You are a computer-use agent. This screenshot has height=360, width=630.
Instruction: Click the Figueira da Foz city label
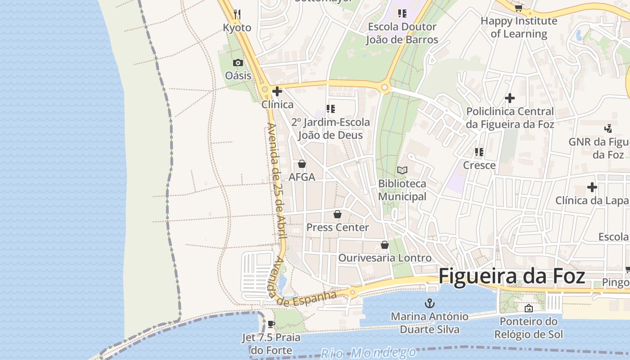(512, 276)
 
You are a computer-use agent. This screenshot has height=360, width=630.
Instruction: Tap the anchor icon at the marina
(429, 303)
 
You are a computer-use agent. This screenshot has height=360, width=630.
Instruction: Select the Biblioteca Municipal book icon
(402, 171)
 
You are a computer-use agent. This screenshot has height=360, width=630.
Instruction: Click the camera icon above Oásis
(238, 63)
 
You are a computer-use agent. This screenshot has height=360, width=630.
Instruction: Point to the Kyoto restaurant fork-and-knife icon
(237, 14)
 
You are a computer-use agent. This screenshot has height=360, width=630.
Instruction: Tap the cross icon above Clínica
(277, 92)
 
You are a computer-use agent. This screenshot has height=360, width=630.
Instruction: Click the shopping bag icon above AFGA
(302, 164)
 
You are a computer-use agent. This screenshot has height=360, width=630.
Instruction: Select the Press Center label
(337, 227)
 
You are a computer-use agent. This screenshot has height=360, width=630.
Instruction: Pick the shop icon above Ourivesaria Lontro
(385, 245)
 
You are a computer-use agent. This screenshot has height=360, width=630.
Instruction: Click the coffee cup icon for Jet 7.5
(271, 324)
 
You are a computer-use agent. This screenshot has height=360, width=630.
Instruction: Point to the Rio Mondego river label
(369, 352)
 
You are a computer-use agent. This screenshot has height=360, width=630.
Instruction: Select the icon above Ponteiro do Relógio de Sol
(529, 308)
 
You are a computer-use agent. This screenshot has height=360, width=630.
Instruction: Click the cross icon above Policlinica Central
(510, 98)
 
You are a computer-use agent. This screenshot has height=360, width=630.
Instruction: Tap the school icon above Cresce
(479, 152)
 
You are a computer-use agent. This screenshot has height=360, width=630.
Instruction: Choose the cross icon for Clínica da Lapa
(592, 187)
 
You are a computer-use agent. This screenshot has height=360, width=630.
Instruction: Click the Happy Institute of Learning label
(519, 27)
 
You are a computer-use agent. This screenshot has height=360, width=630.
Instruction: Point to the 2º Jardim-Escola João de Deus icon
(331, 109)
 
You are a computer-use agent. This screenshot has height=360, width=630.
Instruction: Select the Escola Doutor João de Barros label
(402, 33)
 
